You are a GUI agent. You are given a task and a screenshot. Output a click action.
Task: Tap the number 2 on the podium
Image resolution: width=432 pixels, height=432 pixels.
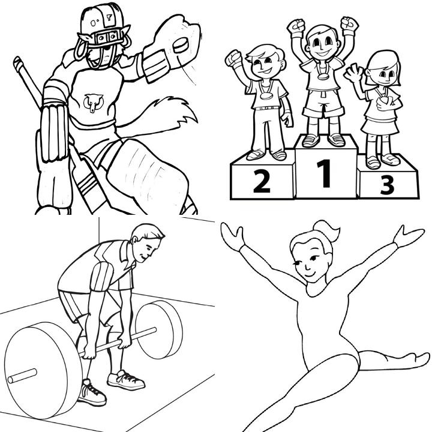[x=262, y=181]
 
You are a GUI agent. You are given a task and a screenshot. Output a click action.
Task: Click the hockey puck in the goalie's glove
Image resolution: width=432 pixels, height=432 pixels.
[x=181, y=45]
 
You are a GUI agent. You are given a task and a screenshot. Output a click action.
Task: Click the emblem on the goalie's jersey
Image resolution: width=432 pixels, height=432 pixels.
[x=94, y=103]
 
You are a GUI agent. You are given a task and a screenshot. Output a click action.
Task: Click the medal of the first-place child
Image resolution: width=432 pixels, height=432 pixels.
[x=323, y=76]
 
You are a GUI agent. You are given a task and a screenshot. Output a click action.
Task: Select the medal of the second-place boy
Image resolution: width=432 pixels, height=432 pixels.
[x=266, y=96]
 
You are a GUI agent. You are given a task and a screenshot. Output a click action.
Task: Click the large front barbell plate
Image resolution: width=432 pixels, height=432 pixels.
[x=43, y=371]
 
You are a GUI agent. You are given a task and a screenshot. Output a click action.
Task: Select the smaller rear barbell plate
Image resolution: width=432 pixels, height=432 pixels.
[x=159, y=329]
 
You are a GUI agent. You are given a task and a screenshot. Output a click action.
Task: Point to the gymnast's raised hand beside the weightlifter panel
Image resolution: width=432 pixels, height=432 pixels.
[x=233, y=236]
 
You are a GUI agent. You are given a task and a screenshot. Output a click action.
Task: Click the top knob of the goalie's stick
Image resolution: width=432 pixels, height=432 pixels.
[x=17, y=63]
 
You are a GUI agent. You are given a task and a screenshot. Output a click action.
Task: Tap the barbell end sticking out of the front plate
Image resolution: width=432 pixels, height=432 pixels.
[x=22, y=376]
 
